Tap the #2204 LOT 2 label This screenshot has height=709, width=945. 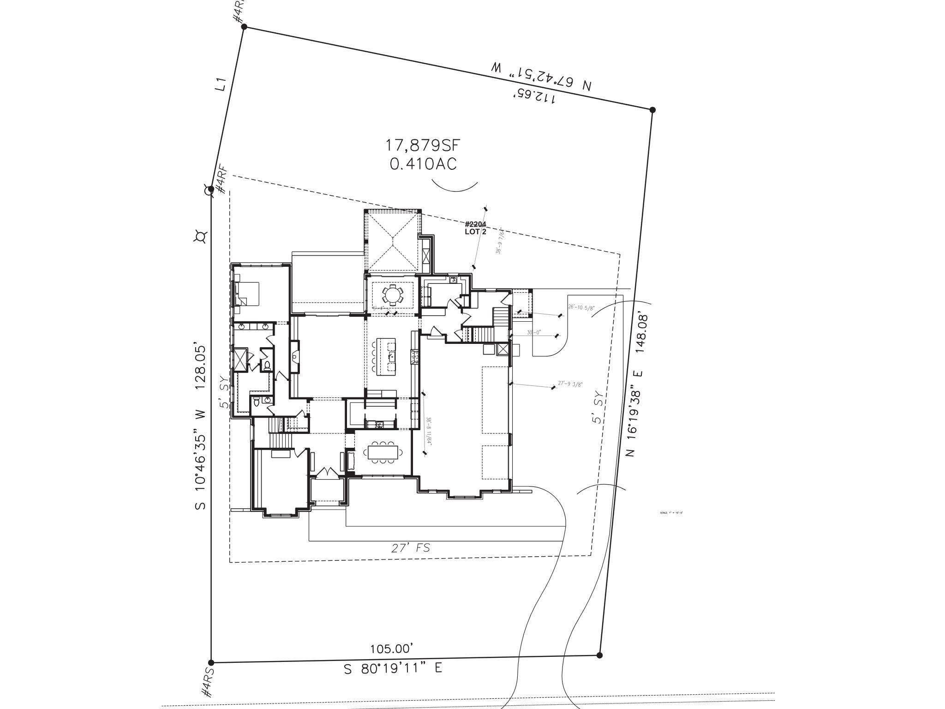(x=476, y=228)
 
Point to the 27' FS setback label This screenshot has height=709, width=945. (x=409, y=548)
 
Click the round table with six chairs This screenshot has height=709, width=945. (x=393, y=294)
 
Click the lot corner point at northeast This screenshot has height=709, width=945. (x=652, y=110)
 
